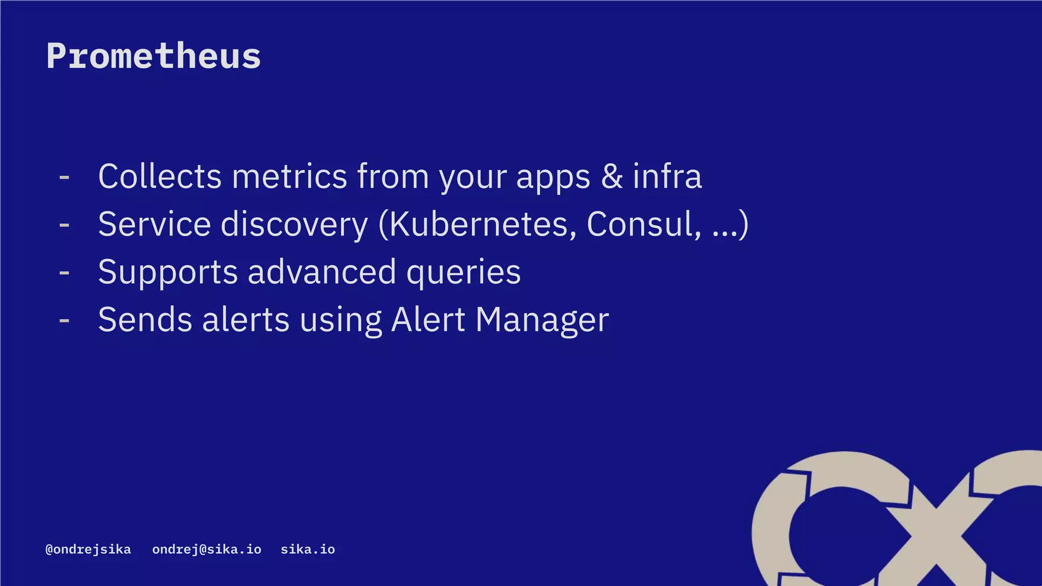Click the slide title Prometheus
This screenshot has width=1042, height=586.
154,56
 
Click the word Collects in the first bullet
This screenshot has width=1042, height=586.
160,177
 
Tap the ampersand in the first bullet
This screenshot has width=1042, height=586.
612,177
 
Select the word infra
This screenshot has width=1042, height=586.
667,177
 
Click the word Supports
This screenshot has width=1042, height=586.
168,273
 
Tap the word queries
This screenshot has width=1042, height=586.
464,273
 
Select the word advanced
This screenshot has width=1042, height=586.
322,272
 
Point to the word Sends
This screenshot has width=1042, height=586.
146,320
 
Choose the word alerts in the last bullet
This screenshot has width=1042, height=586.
246,320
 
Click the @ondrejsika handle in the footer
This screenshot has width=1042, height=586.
88,549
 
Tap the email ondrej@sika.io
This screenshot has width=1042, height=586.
207,549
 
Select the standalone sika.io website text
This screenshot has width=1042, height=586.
308,549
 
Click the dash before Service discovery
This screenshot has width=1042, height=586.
64,225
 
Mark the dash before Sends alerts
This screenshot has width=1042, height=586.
64,320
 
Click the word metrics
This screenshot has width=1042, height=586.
290,177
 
